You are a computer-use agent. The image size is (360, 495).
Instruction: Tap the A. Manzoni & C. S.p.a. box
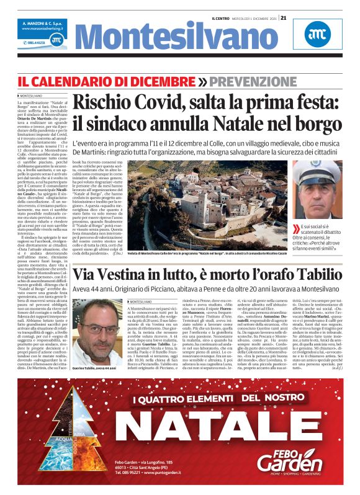pos(42,26)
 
